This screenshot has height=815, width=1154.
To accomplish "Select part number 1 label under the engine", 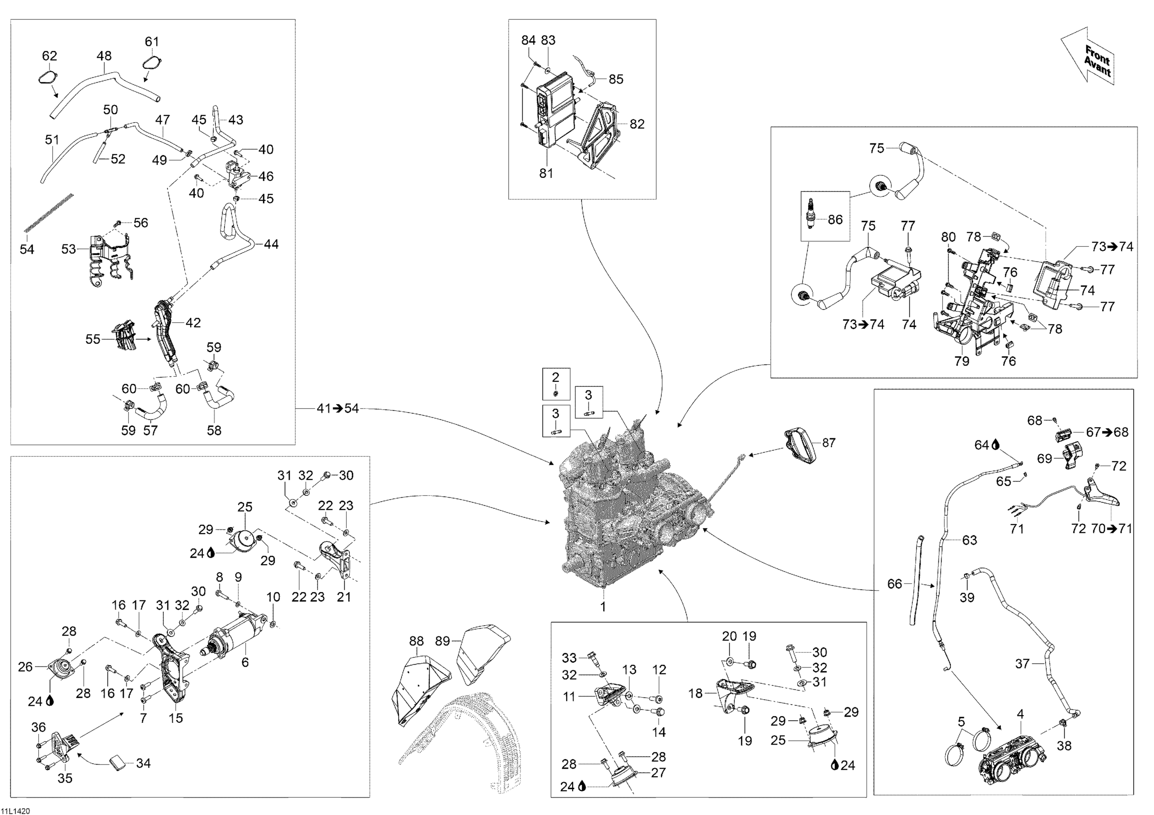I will (603, 607).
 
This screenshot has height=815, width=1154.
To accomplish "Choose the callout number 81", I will (546, 173).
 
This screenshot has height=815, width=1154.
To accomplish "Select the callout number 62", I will (49, 56).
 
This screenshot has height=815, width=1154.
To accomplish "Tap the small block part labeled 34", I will (118, 764).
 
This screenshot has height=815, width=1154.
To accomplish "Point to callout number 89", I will (442, 641).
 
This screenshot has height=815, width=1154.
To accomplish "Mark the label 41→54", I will (338, 409).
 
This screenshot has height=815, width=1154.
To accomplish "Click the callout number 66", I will (895, 584).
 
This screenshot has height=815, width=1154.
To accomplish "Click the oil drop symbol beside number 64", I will (996, 445).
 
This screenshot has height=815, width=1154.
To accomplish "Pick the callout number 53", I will (68, 249).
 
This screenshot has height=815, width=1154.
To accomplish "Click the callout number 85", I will (616, 79).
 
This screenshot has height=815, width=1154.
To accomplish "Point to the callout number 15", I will (175, 718).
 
